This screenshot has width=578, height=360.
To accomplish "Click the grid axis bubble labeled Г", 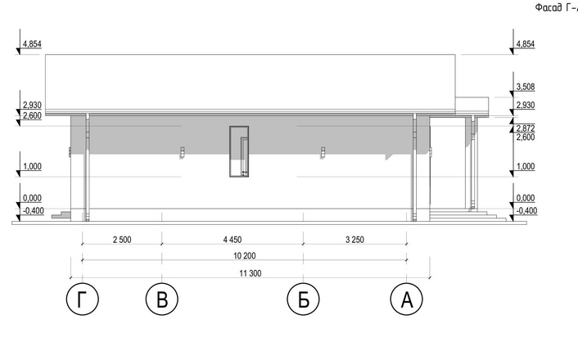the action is tap(82, 299).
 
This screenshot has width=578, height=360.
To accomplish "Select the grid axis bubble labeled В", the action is tap(162, 299).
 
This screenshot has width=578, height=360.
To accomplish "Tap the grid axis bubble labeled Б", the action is tap(303, 299).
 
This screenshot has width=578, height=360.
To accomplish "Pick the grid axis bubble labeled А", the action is tap(406, 299).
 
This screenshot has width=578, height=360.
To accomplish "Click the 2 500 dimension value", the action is tap(122, 240).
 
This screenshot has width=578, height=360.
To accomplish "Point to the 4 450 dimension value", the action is tap(233, 240).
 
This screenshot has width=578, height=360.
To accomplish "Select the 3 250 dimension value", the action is tap(354, 240).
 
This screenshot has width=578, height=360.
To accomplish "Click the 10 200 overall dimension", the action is tap(245, 256).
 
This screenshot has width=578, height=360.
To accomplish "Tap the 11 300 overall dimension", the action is tap(251, 273).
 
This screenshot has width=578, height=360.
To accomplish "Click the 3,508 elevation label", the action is tap(526, 87).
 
